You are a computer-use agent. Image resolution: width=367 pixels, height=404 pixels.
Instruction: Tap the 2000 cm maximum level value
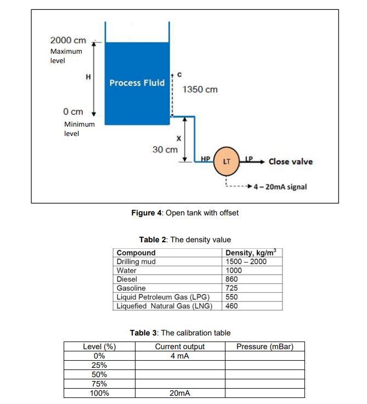coord(68,41)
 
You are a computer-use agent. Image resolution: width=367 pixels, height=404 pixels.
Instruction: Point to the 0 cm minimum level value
coord(73,111)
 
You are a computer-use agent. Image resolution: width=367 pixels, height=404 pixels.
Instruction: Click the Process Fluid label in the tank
coord(137,83)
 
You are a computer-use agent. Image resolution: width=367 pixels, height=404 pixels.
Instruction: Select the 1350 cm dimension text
coord(200,89)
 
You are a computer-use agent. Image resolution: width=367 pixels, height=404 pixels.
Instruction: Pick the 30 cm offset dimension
coord(165,149)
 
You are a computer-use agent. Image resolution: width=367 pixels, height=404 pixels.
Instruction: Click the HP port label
coord(206,158)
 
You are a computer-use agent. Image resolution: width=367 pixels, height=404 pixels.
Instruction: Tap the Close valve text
coord(290,161)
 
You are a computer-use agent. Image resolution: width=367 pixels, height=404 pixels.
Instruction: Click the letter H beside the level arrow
coord(88,77)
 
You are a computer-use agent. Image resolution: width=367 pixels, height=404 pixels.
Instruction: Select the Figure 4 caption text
coord(185,213)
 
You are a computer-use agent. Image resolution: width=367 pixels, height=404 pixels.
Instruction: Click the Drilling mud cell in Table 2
coord(136,261)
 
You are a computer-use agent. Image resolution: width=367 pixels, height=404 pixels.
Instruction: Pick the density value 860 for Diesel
coord(232,279)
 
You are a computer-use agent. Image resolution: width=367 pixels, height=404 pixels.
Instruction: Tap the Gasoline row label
coord(132,288)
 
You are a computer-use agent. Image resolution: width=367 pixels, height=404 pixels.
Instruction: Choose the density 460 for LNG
coord(232,306)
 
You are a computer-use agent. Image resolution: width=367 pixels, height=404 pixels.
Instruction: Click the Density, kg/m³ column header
coord(251,253)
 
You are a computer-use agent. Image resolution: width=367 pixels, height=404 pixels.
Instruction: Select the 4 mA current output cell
coord(180,356)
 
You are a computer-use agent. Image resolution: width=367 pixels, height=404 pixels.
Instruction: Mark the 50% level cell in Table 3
coord(99,374)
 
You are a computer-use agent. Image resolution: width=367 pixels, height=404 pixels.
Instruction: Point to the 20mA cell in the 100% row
coord(180,393)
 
